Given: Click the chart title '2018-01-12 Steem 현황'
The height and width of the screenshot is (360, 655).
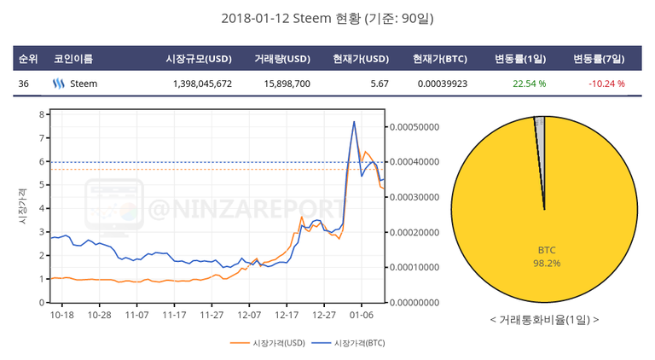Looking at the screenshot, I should (327, 18).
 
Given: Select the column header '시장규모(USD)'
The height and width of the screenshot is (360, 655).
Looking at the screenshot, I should (199, 59).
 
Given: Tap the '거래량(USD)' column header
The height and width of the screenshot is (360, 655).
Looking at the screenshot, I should (281, 59).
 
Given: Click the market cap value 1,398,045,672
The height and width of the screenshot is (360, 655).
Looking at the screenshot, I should (201, 84).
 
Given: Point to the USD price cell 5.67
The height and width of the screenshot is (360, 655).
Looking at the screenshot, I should (380, 84).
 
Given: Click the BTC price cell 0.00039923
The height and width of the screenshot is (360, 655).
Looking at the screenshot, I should (442, 84).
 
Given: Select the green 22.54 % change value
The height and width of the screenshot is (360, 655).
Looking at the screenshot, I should (529, 84).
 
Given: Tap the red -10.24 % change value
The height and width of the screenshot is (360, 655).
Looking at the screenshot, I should (606, 84).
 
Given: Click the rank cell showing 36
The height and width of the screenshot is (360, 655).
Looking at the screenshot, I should (23, 84).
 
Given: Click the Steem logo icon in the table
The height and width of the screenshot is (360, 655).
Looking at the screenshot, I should (59, 84).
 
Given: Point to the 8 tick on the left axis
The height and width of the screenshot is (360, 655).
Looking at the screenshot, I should (42, 114).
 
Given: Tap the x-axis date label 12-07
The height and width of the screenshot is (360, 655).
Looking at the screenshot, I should (249, 315).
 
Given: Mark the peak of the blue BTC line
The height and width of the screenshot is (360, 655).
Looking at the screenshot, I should (354, 122).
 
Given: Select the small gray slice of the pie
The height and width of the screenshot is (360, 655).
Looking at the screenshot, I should (540, 126).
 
